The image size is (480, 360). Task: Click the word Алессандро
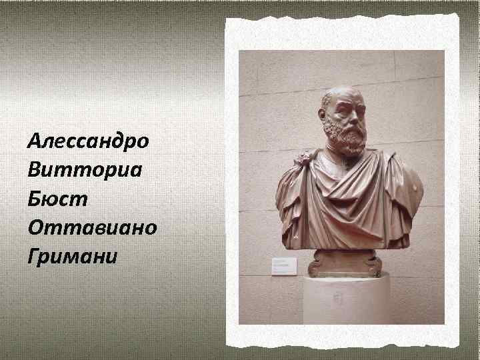pyautogui.click(x=89, y=142)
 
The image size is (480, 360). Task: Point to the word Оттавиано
pyautogui.click(x=92, y=228)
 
